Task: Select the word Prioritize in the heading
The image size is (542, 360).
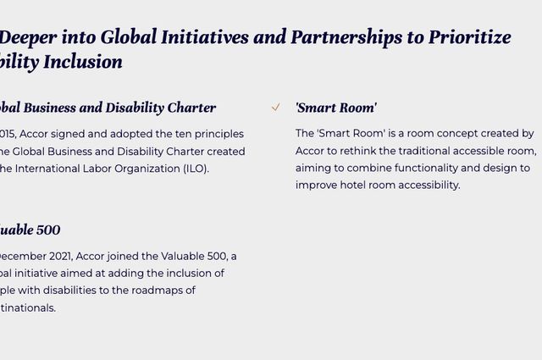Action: [469, 37]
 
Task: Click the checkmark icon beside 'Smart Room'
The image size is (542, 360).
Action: [276, 108]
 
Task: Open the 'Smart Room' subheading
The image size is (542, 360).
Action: [336, 108]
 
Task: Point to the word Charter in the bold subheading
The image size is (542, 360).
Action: [191, 108]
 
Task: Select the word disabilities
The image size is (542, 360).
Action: [85, 291]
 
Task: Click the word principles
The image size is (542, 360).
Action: [217, 134]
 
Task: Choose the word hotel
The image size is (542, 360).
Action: [354, 185]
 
